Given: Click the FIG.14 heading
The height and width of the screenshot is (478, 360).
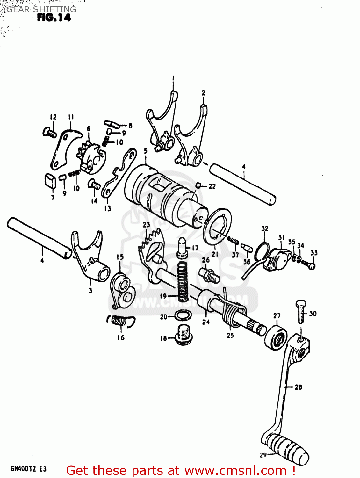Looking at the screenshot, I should point(54,18).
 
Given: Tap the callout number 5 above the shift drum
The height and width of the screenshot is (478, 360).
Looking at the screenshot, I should point(146,151).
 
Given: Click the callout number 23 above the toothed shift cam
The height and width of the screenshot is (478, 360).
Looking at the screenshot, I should point(146,225).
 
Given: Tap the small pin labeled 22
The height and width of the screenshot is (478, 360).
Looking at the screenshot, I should point(198,185).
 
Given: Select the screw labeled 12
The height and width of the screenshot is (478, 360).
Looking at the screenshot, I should point(49,131).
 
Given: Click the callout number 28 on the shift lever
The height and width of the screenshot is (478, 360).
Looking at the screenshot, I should point(298,387).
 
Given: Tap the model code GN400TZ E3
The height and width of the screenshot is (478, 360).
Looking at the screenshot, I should point(28,469).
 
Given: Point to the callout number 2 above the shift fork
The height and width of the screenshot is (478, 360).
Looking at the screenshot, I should point(203,93).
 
